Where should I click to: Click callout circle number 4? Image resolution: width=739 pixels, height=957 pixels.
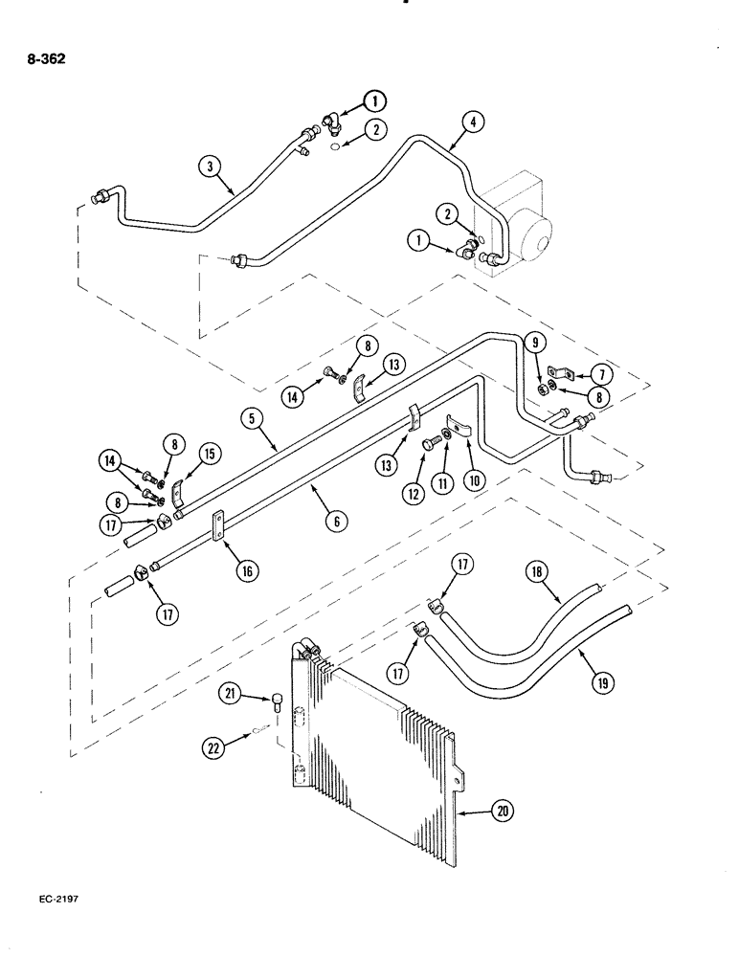[473, 122]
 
